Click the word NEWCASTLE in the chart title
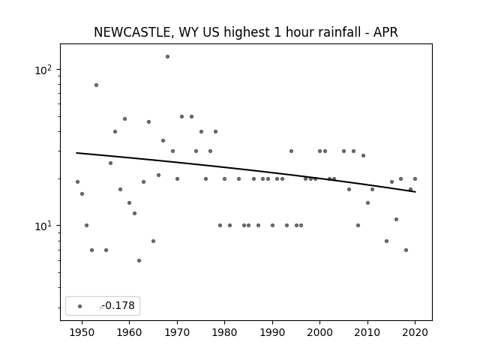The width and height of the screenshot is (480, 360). point(132,32)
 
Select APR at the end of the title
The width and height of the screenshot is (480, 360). point(386,32)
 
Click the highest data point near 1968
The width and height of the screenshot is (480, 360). point(167,57)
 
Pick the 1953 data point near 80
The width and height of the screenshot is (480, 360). point(97,85)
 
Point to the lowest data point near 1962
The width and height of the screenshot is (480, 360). point(139,260)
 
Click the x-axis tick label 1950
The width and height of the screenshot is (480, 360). point(82,332)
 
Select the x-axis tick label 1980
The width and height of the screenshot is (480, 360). point(224,332)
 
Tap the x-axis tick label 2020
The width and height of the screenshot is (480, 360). point(415,332)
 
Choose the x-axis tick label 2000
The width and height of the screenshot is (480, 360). point(320,332)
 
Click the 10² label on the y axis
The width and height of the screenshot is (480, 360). point(43,70)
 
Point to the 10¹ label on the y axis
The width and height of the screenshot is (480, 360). point(43,226)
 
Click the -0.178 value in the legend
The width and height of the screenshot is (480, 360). point(118,305)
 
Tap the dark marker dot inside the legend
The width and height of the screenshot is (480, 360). point(80,306)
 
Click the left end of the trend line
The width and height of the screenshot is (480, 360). point(76,153)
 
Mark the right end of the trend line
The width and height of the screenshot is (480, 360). point(415,192)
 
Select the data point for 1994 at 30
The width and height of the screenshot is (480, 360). point(292,151)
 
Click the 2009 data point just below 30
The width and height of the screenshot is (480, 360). point(363,155)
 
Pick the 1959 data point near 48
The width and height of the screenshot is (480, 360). point(125,118)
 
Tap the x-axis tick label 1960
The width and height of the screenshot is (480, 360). point(129,332)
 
